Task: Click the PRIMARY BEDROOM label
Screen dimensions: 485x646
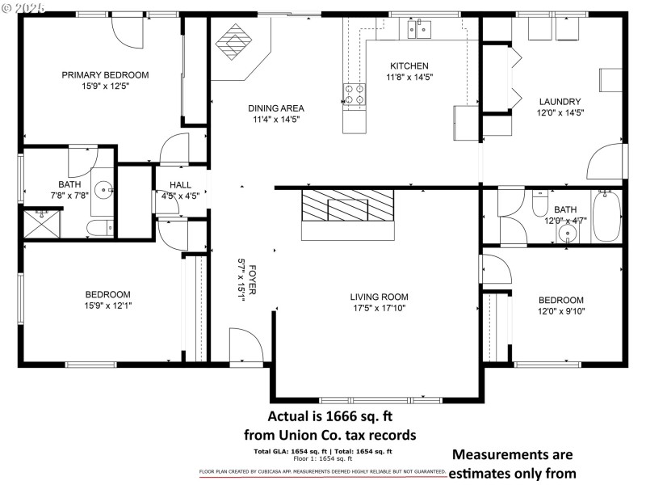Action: (105, 74)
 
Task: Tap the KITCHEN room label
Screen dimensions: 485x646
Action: (409, 66)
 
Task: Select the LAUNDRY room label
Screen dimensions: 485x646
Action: (560, 102)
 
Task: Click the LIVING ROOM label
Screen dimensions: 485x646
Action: (379, 297)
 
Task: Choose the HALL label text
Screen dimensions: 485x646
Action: (180, 184)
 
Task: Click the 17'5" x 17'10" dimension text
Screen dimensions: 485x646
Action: (379, 308)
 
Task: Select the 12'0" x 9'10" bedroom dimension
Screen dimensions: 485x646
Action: (560, 311)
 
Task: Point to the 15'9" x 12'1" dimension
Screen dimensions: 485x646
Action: (107, 306)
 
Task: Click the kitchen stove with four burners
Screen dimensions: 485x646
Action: (354, 95)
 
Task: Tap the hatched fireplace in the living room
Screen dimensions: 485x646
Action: (346, 209)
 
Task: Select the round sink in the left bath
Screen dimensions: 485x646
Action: (103, 191)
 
